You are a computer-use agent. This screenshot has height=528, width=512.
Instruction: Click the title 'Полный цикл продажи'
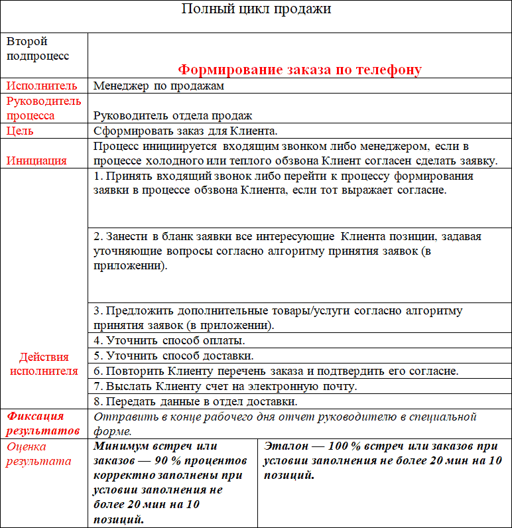coord(255,9)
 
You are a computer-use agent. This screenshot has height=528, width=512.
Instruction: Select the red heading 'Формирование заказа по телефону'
coord(300,70)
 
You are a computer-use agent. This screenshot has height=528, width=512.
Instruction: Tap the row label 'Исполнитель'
coord(42,86)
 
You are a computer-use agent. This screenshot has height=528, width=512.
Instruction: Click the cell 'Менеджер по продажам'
coord(159,86)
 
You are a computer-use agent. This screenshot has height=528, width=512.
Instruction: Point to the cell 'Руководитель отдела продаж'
coord(173,115)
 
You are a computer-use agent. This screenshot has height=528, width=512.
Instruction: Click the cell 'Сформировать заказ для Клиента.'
coord(185,131)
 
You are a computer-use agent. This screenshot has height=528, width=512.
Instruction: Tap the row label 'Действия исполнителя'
coord(44,363)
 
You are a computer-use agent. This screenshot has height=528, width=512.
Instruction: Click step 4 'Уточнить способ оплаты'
coord(169,341)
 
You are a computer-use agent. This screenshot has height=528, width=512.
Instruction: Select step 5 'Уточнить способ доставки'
coord(173,356)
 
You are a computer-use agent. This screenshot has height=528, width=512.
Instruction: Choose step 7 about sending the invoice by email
coord(225,386)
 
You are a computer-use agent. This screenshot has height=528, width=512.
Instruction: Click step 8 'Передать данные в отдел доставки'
coord(195,401)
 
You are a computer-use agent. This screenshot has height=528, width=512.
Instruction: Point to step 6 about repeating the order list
coord(276,371)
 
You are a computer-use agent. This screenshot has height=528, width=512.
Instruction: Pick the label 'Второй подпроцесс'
coord(37,48)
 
